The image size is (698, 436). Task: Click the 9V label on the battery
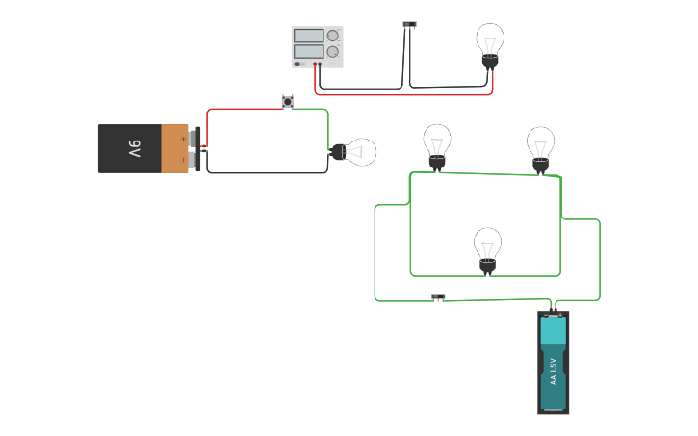coord(134,149)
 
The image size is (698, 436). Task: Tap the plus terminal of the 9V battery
coord(197,138)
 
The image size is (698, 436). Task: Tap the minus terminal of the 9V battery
coord(197,160)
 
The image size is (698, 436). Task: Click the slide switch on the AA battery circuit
coord(438,296)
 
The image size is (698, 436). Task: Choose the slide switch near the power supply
coord(409,24)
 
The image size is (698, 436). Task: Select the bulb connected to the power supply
coord(490,43)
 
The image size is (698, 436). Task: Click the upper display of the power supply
coord(308,36)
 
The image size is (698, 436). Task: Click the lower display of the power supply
coord(308,51)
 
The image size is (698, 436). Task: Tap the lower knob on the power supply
coord(333,52)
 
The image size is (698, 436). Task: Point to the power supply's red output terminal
coord(314,64)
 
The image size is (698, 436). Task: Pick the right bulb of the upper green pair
coord(540,146)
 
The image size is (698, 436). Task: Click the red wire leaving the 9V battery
coord(241,109)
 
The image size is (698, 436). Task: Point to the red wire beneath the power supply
coord(404,94)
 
